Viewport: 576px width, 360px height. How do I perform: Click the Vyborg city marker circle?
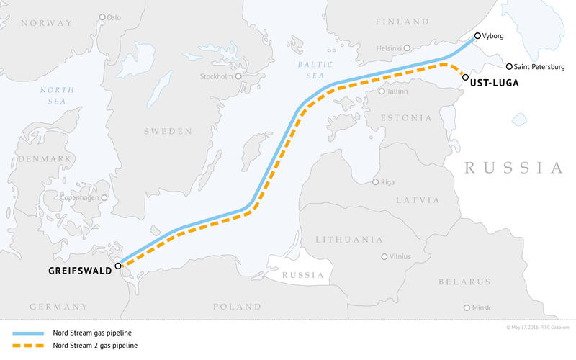477,35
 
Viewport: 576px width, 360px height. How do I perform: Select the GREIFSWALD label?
78,271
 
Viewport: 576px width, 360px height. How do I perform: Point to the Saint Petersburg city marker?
510,66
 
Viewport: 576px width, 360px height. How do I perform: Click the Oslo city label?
114,17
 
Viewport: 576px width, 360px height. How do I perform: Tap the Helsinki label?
388,48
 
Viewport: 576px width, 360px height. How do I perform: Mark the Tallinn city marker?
382,91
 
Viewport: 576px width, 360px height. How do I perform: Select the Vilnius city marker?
384,256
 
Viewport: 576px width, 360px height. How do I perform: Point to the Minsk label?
481,307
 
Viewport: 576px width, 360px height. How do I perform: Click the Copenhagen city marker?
104,197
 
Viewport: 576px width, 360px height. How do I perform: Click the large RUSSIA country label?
513,168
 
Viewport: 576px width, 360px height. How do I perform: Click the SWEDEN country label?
168,131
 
